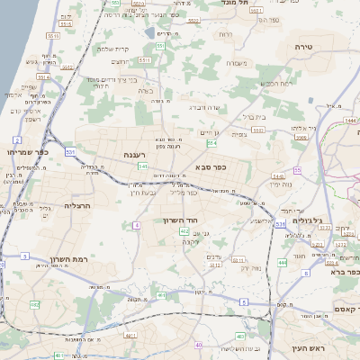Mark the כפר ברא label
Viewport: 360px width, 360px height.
point(343,270)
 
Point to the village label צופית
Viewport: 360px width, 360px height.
point(239,135)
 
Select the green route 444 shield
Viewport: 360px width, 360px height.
point(283,263)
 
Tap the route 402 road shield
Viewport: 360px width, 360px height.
point(184,231)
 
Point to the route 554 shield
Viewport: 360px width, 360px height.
point(211,142)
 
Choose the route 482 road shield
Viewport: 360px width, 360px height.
point(36,304)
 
